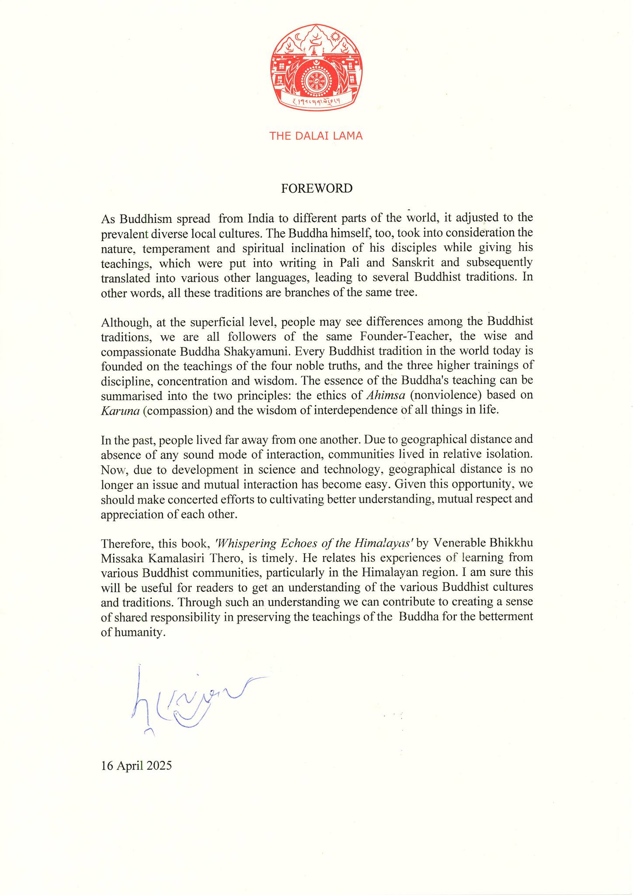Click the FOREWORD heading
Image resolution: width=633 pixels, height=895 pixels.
[x=316, y=188]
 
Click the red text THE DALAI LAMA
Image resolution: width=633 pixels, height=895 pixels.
[x=316, y=136]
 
